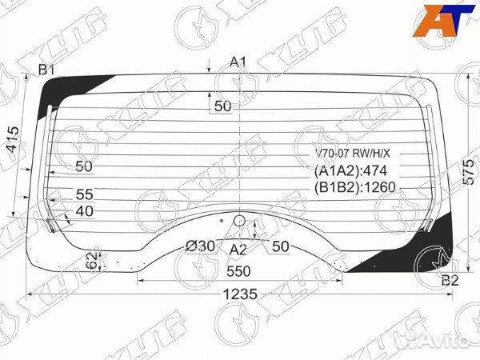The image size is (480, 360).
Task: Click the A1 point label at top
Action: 238,62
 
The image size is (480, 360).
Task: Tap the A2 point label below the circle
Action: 238,249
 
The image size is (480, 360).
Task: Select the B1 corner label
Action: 46,70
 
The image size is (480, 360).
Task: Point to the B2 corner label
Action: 450,280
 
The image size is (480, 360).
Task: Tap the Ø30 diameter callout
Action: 200,246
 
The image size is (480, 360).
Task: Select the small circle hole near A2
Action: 238,222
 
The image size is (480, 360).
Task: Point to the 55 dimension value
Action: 85,194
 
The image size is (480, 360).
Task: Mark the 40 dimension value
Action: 85,211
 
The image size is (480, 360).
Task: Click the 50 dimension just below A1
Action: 222,106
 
